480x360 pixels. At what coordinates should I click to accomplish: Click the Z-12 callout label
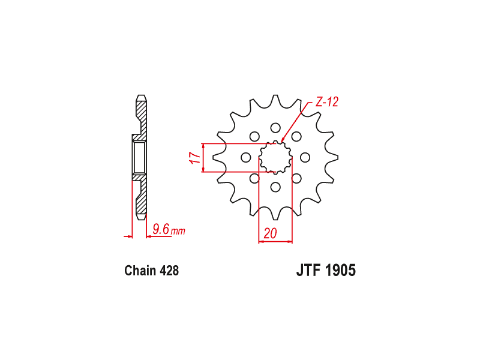pos(327,102)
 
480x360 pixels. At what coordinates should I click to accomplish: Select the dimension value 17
pos(195,158)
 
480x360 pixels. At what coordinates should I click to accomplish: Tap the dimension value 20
pos(270,233)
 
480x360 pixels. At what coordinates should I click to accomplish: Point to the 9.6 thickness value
pos(161,229)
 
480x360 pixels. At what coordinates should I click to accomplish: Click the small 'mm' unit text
pos(178,231)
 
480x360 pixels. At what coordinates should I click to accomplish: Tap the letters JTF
pos(308,271)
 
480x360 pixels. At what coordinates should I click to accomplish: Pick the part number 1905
pos(340,271)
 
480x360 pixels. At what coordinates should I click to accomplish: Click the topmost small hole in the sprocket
pos(275,128)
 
